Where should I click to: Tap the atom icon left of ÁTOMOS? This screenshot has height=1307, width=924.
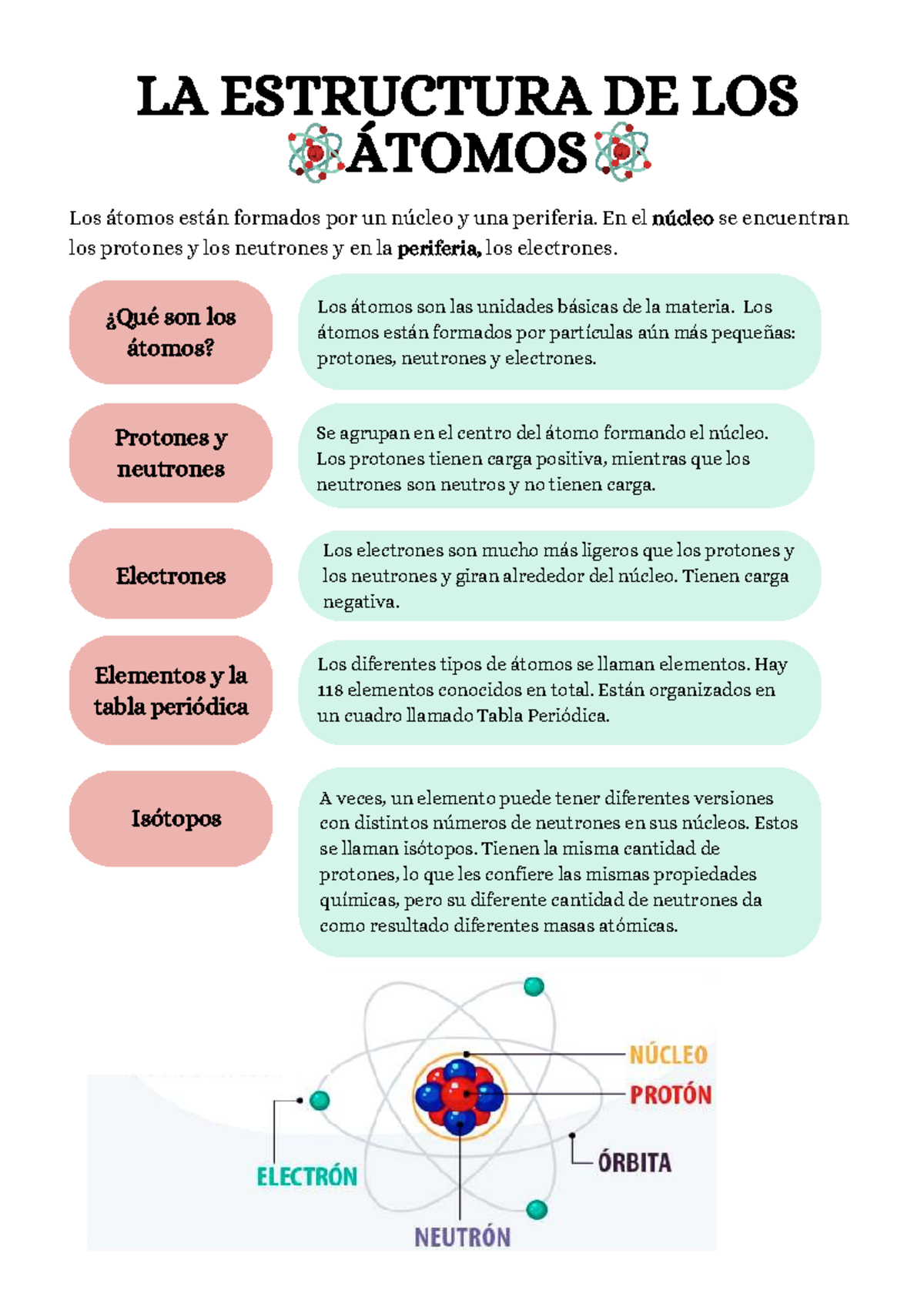tap(314, 152)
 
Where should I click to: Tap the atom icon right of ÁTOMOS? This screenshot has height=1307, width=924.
tap(622, 152)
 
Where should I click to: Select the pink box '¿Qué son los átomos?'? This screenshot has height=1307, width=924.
tap(171, 332)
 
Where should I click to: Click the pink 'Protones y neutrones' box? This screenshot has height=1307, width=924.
tap(171, 453)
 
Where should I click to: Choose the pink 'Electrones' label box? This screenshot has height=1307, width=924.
tap(171, 574)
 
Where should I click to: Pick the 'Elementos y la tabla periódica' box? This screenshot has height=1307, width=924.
tap(171, 690)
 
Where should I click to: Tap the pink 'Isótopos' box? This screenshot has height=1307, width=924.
tap(171, 818)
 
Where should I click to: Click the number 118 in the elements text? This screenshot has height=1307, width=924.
tap(330, 690)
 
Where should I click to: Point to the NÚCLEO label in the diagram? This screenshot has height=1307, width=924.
tap(668, 1055)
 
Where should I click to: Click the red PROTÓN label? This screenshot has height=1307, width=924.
tap(671, 1095)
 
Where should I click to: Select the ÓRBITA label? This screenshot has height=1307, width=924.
tap(634, 1162)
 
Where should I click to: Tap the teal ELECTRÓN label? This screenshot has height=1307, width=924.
tap(306, 1176)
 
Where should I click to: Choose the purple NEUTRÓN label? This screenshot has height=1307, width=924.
tap(462, 1237)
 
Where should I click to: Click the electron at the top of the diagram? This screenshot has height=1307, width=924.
tap(534, 986)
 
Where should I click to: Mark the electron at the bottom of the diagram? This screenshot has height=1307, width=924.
tap(537, 1209)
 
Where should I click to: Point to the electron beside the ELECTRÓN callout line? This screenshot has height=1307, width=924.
tap(320, 1101)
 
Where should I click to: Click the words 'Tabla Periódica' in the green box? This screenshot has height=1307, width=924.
tap(542, 716)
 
